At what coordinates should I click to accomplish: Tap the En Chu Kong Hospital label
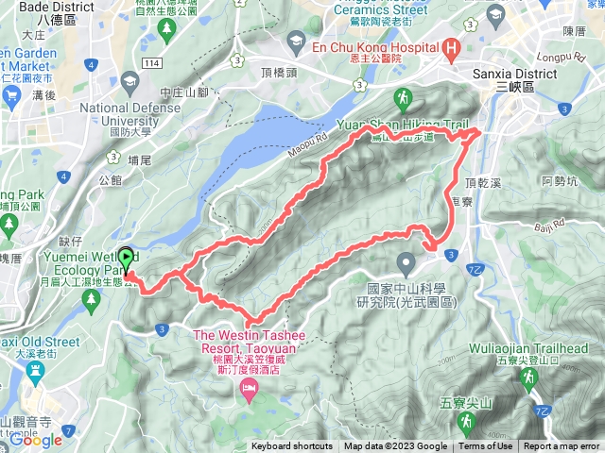pyautogui.click(x=359, y=45)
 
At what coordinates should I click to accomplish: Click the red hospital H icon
pyautogui.click(x=452, y=47)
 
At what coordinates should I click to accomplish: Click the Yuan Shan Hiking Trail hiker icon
pyautogui.click(x=405, y=97)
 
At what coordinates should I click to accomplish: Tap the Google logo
pyautogui.click(x=36, y=439)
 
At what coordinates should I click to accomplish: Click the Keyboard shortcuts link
pyautogui.click(x=291, y=446)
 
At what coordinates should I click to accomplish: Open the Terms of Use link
pyautogui.click(x=486, y=446)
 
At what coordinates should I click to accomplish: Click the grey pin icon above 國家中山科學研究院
pyautogui.click(x=406, y=261)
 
